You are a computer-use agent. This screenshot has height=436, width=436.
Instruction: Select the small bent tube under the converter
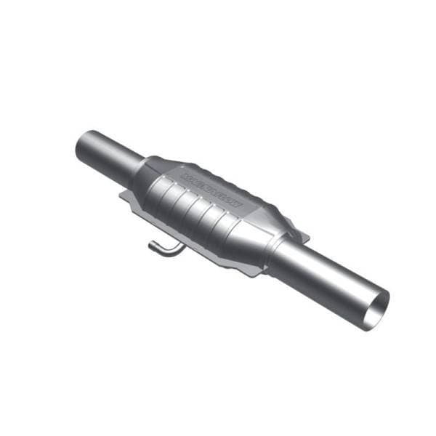click(164, 247)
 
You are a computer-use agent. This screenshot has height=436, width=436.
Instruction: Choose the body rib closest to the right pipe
click(231, 225)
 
